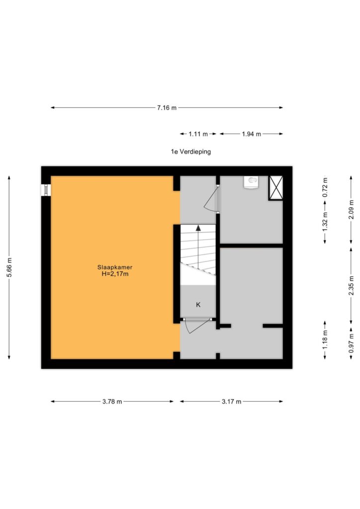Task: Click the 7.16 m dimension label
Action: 167,108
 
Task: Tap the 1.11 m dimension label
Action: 198,134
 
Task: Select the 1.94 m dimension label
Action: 252,134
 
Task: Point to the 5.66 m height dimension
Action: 9,267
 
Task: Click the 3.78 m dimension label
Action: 112,402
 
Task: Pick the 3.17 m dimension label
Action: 231,402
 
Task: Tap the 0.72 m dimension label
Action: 325,187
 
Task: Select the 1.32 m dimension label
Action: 325,222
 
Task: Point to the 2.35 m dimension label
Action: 351,286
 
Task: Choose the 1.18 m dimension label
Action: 325,339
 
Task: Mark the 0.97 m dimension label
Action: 351,343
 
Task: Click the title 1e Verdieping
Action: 191,152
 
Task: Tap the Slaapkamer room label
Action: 115,267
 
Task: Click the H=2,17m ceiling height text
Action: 115,274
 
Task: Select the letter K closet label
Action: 198,305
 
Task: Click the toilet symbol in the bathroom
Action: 251,181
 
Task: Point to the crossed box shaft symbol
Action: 275,188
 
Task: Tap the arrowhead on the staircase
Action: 198,228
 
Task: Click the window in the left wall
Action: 46,190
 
